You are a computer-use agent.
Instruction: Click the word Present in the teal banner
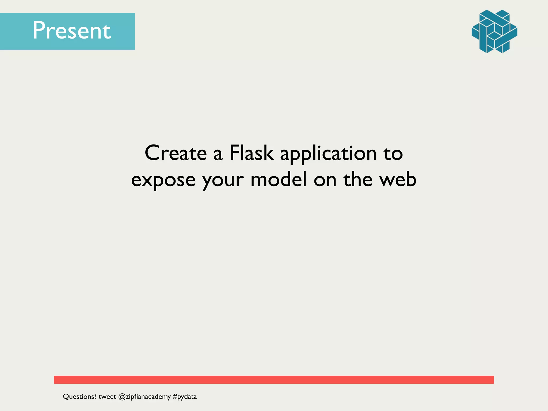pos(71,31)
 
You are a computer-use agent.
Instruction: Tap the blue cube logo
pos(494,31)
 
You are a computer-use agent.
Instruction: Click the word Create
pos(176,153)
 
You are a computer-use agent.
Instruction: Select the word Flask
pos(252,153)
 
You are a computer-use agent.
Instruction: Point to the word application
pos(328,154)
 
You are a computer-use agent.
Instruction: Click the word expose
pos(163,180)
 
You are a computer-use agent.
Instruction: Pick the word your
pos(223,181)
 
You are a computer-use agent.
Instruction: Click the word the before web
pos(358,179)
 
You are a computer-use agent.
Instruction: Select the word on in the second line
pos(325,180)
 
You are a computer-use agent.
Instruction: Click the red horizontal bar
pos(274,379)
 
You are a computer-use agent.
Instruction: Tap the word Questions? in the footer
pos(79,397)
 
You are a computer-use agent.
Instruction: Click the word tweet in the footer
pos(107,397)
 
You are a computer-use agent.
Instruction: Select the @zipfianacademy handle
pos(144,397)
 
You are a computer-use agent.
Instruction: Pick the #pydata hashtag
pos(185,397)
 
